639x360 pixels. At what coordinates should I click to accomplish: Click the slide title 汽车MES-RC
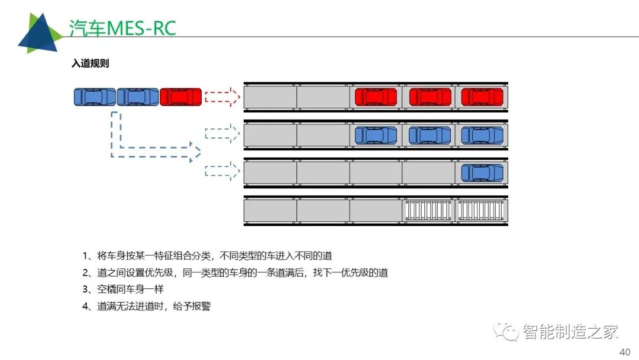(122, 28)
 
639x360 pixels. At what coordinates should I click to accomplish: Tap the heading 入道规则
(91, 63)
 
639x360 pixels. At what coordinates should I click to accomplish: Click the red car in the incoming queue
(180, 97)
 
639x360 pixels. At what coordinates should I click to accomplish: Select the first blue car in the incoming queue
(95, 97)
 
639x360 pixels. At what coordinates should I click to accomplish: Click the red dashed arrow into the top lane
(222, 97)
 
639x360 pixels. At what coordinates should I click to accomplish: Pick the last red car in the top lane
(482, 97)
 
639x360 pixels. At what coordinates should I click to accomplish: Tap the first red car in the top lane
(376, 97)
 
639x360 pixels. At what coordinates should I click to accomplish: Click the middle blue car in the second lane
(430, 136)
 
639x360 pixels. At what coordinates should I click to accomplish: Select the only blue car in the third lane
(482, 173)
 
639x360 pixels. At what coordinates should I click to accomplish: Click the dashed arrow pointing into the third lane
(222, 171)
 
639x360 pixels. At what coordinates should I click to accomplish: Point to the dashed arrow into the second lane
(222, 134)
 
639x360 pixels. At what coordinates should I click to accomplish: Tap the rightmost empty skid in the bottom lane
(481, 210)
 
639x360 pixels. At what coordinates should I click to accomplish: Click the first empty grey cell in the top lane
(270, 97)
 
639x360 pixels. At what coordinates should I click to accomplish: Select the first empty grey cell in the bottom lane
(270, 210)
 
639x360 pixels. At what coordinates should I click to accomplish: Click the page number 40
(625, 352)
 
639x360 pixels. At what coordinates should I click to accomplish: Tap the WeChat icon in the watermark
(506, 331)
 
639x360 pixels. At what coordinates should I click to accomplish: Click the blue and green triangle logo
(40, 33)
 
